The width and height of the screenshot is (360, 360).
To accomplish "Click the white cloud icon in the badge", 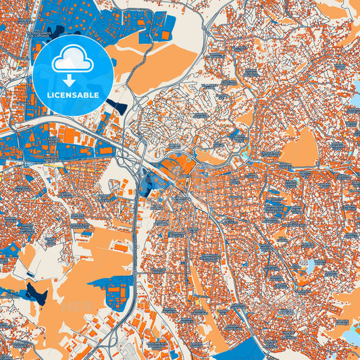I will (x=73, y=59).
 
